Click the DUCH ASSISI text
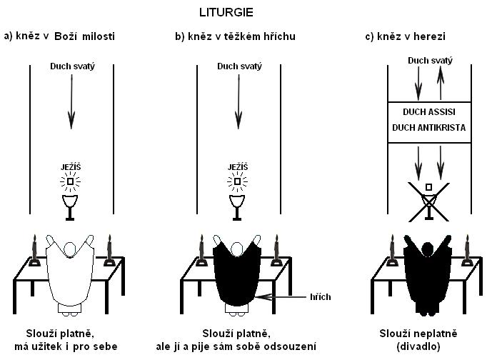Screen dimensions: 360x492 pyautogui.click(x=428, y=112)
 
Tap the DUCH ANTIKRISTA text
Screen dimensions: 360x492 pyautogui.click(x=428, y=127)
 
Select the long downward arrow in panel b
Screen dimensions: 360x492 pyautogui.click(x=237, y=101)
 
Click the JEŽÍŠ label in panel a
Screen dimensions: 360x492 pyautogui.click(x=71, y=167)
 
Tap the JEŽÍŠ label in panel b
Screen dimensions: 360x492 pyautogui.click(x=237, y=167)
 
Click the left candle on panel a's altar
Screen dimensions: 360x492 pyautogui.click(x=33, y=251)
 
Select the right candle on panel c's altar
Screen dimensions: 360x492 pyautogui.click(x=467, y=251)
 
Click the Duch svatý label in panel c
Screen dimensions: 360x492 pyautogui.click(x=428, y=61)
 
